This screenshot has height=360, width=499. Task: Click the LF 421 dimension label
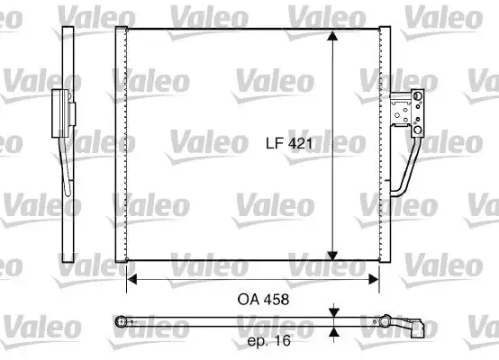pyautogui.click(x=289, y=143)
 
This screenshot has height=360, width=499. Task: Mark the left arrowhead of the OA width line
pyautogui.click(x=132, y=279)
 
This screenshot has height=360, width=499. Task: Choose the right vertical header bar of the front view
pyautogui.click(x=386, y=144)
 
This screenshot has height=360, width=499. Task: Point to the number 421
pyautogui.click(x=299, y=143)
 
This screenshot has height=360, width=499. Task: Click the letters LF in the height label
pyautogui.click(x=273, y=143)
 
